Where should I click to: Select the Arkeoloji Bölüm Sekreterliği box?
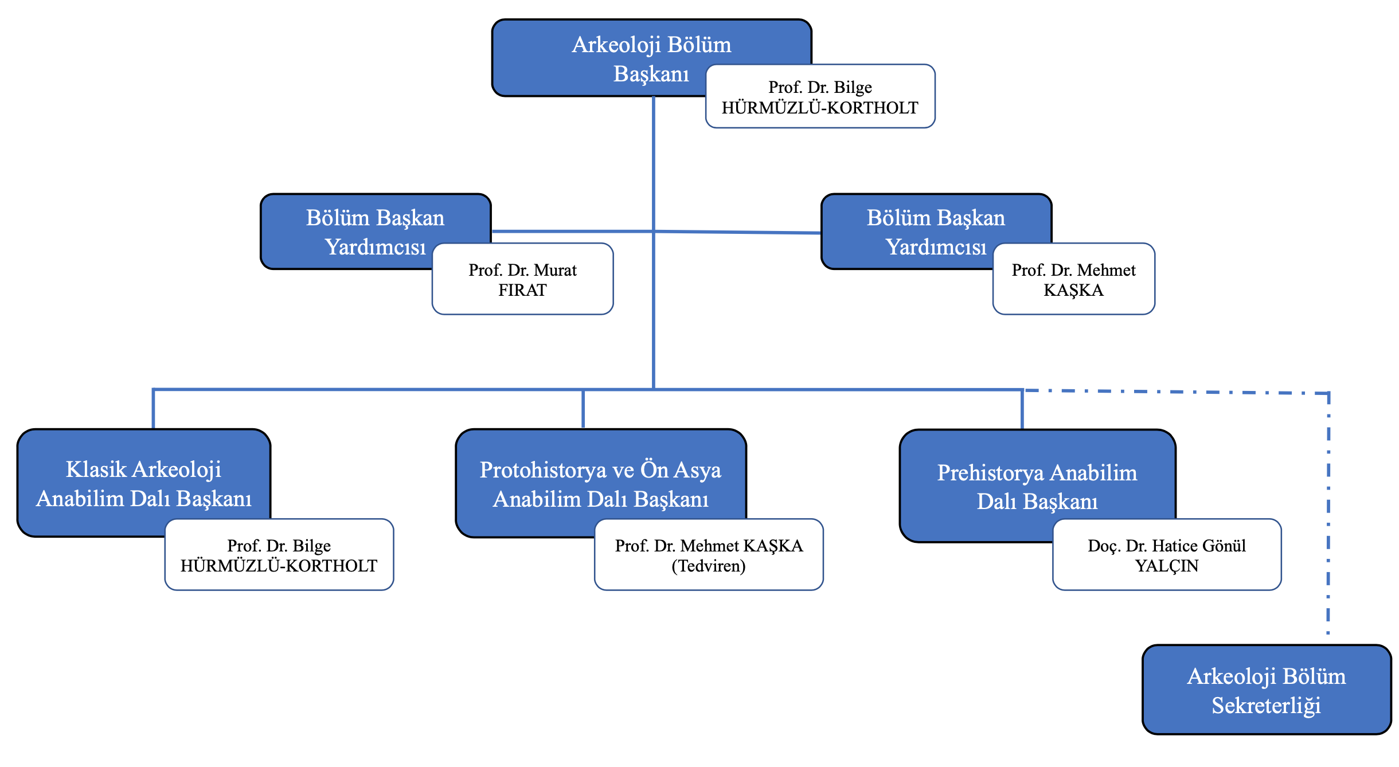coord(1266,690)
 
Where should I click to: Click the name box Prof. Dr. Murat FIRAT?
coord(522,279)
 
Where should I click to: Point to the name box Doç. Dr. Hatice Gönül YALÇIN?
coord(1167,555)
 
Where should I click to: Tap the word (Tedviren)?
coord(709,566)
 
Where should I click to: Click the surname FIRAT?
coord(522,290)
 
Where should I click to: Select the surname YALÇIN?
coord(1167,566)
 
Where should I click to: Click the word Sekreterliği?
coord(1266,706)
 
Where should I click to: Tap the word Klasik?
coord(96,469)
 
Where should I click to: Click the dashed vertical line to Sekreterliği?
coord(1328,516)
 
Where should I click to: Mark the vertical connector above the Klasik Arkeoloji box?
coord(153,409)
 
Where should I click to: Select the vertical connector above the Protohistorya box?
coord(583,409)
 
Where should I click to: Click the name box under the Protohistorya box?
coord(709,555)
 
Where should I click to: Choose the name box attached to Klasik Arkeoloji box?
coord(279,555)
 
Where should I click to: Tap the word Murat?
coord(555,270)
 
